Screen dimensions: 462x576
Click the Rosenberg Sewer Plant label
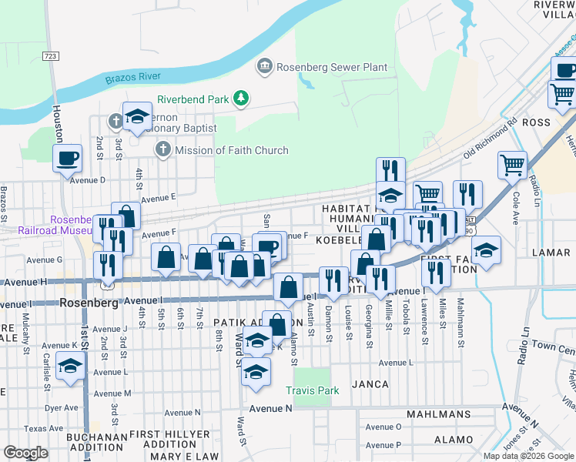(x=332, y=67)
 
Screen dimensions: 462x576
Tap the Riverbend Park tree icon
(x=243, y=99)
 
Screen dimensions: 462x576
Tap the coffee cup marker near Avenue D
(x=68, y=159)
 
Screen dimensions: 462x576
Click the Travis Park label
(x=312, y=391)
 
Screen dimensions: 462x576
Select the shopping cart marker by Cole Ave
(x=512, y=165)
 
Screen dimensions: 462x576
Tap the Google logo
(x=27, y=452)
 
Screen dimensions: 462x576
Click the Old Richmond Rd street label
(x=491, y=139)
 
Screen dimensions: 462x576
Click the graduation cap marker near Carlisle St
(x=70, y=367)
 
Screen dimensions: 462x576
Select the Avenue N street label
(x=269, y=408)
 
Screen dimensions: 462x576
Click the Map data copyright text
(x=527, y=456)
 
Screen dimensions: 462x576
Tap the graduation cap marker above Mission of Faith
(x=137, y=117)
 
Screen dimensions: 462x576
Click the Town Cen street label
(x=554, y=349)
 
